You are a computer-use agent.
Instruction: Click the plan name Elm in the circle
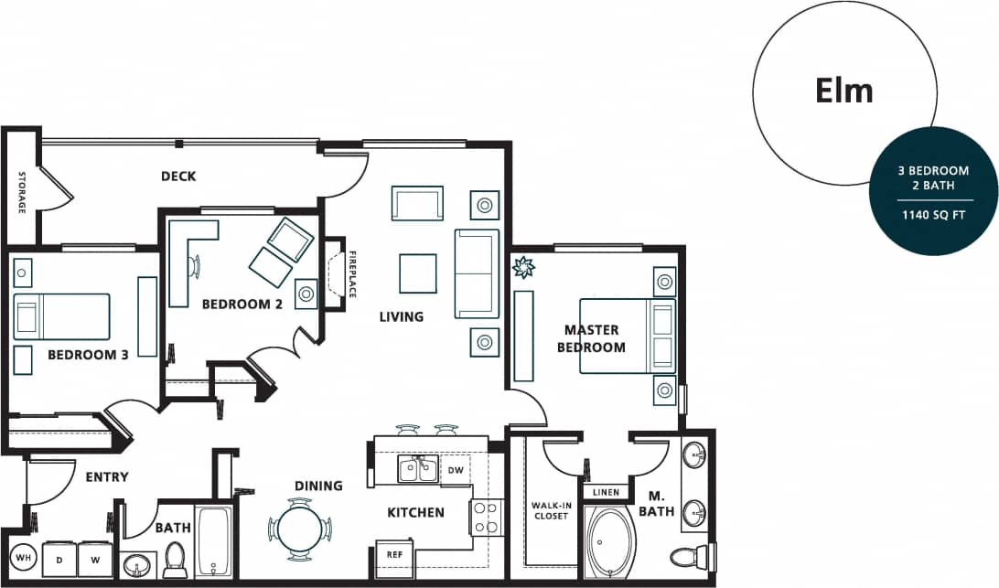tap(843, 91)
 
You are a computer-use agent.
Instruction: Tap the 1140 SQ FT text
tap(932, 217)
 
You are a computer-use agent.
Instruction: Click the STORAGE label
tap(22, 193)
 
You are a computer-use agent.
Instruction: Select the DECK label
tap(178, 176)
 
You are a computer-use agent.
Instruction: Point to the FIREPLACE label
tap(351, 274)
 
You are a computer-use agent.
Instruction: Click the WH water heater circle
tap(23, 557)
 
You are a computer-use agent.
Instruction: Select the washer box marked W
tap(94, 558)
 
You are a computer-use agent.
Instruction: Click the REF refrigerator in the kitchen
tap(395, 554)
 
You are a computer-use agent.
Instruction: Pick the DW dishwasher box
tap(455, 470)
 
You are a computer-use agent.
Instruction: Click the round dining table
tap(300, 529)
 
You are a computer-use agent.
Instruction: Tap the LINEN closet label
tap(606, 492)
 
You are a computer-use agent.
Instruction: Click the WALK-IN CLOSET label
tap(550, 510)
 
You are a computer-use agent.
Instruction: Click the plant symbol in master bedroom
tap(524, 268)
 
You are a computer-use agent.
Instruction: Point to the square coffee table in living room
tap(417, 273)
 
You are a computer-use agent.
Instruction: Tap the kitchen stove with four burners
tap(484, 518)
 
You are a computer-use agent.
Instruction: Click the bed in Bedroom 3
tap(61, 316)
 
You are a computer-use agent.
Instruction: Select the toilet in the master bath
tap(689, 554)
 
